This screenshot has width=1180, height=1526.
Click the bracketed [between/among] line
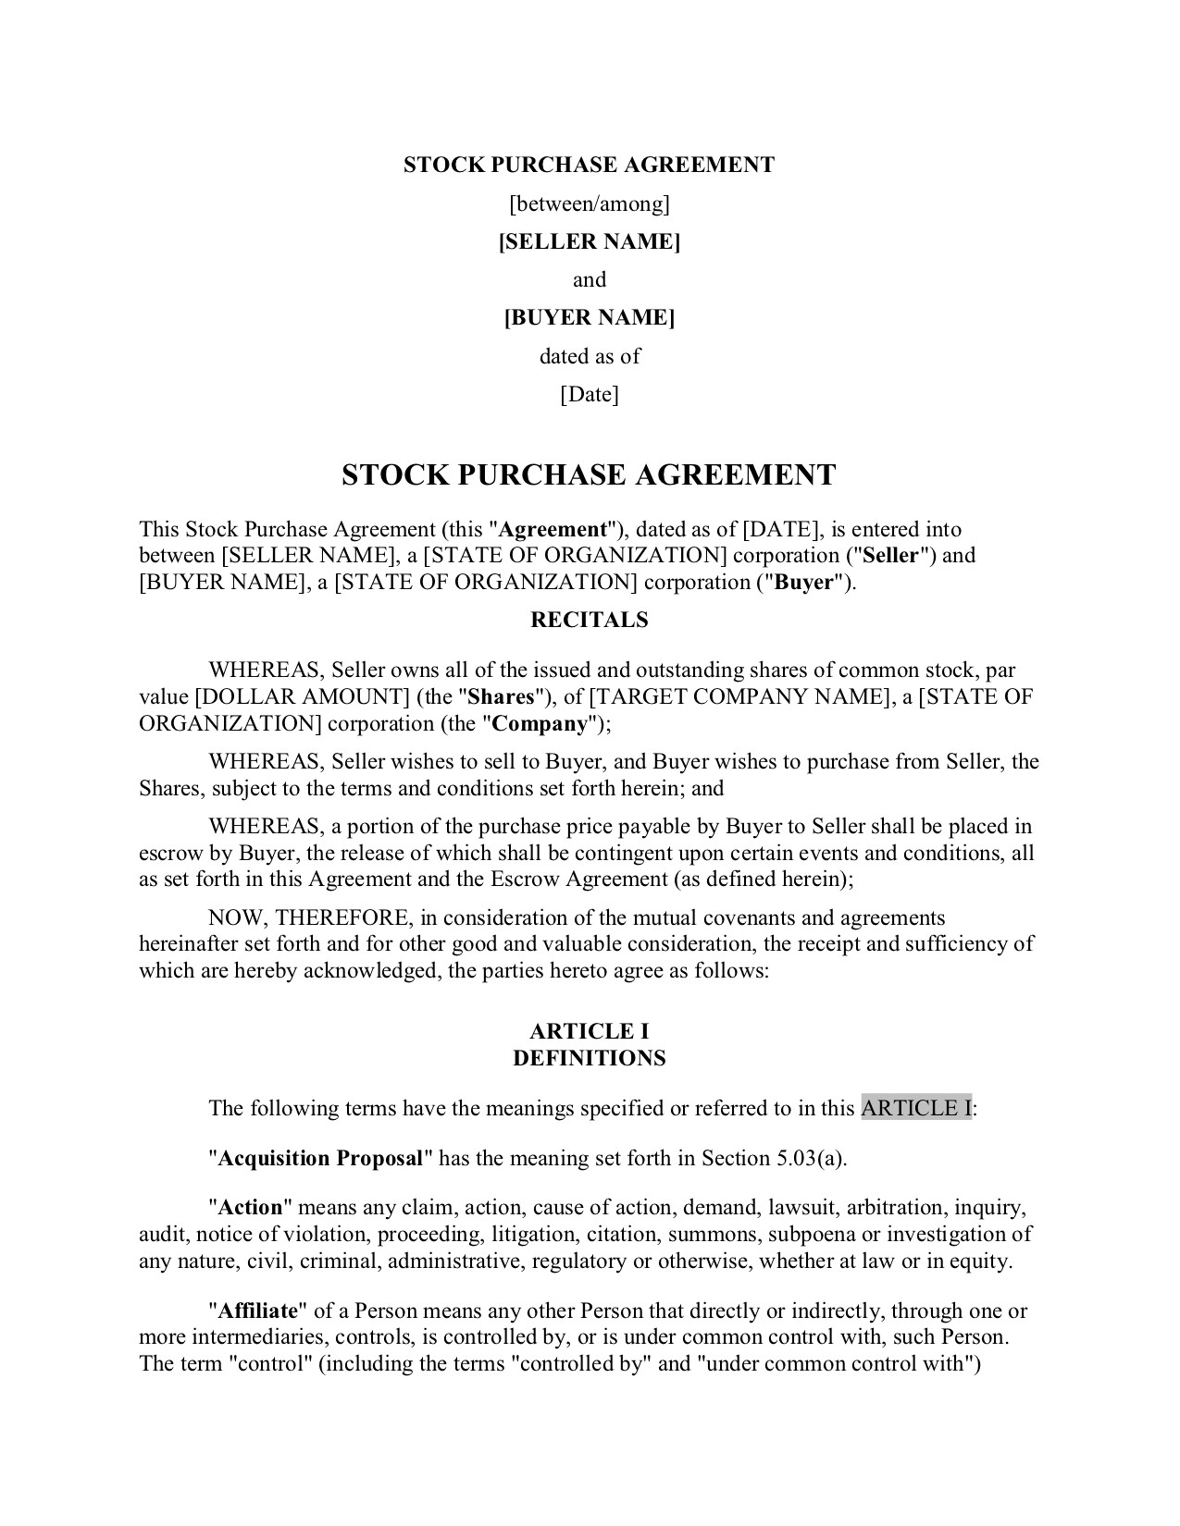pos(590,203)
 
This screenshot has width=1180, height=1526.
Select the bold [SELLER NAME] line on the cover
pos(590,241)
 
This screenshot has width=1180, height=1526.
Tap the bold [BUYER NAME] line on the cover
pos(590,318)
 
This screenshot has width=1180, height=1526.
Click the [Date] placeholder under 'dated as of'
pos(590,395)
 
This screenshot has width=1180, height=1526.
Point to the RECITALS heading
pos(590,620)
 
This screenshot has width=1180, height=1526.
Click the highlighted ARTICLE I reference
pos(916,1108)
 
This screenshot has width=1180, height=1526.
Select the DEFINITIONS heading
pos(590,1058)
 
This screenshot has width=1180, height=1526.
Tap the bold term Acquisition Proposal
pos(321,1158)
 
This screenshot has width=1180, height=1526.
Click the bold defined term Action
pos(249,1207)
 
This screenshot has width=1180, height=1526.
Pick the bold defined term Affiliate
pos(257,1311)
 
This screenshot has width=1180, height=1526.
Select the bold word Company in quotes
pos(539,723)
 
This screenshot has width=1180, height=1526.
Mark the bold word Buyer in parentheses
pos(804,583)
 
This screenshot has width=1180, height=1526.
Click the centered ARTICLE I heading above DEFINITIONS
pos(590,1032)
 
